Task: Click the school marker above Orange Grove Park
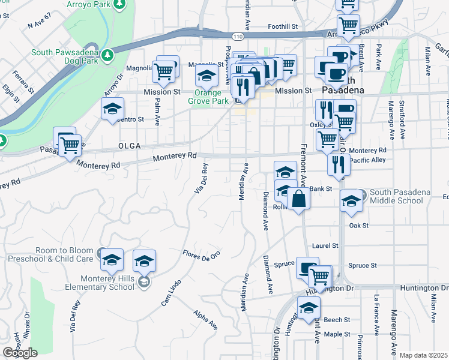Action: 206,77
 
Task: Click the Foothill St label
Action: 283,27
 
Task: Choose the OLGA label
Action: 129,146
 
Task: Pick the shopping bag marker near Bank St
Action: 298,199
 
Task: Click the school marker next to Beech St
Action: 309,308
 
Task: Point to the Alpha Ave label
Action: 205,320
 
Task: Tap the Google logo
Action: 20,353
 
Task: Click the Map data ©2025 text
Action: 423,355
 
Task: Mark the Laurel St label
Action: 325,246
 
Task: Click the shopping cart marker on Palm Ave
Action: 164,71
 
